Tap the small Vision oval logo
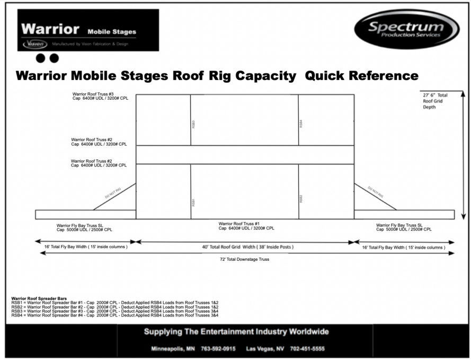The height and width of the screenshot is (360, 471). tap(35, 44)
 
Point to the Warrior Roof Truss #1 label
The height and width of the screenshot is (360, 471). tap(246, 226)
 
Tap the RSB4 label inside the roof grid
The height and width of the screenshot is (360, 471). tap(301, 124)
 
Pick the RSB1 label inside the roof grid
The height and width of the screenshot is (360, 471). tap(193, 202)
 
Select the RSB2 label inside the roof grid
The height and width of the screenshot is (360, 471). tap(301, 199)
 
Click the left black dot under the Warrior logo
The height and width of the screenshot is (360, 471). tap(41, 58)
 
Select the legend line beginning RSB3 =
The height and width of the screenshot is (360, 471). tap(114, 311)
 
